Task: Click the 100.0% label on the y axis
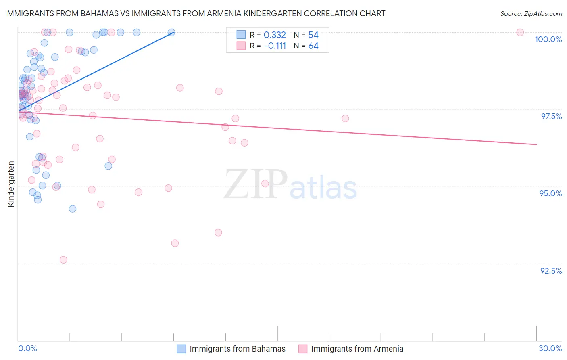[x=548, y=39]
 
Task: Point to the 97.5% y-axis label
[x=551, y=116]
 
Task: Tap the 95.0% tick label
[x=550, y=193]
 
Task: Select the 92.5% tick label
[x=551, y=271]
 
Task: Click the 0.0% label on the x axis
[x=27, y=348]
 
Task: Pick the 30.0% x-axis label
[x=550, y=348]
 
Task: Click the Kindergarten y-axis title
[x=11, y=184]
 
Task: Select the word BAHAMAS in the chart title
[x=98, y=13]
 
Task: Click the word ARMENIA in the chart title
[x=261, y=13]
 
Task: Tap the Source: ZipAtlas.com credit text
[x=531, y=13]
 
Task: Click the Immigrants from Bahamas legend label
[x=237, y=349]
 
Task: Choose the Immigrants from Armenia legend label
[x=357, y=349]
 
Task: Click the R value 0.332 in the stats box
[x=275, y=35]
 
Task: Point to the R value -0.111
[x=275, y=46]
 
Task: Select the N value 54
[x=313, y=35]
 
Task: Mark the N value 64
[x=313, y=46]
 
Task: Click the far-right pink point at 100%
[x=520, y=32]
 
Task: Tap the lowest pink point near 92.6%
[x=63, y=260]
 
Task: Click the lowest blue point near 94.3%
[x=73, y=209]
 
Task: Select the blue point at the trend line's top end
[x=171, y=32]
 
